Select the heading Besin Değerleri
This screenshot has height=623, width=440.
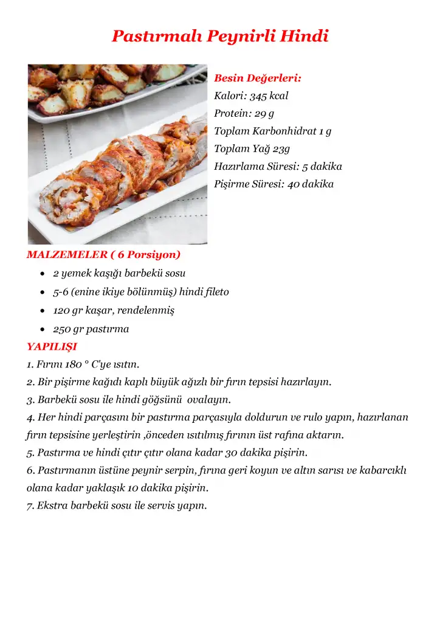[258, 78]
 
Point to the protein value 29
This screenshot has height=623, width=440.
[261, 113]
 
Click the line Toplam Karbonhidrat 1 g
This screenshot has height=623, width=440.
[272, 131]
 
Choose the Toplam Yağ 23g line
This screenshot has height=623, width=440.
[252, 148]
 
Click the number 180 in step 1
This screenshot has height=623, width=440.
[74, 365]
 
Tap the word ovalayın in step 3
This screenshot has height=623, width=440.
[208, 400]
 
